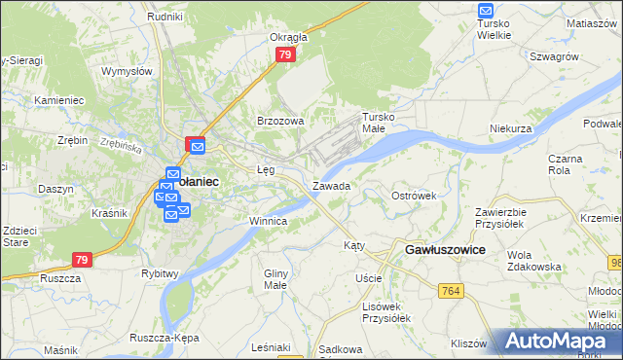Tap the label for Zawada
point(331,185)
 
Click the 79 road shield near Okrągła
point(285,55)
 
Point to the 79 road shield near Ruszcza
point(84,260)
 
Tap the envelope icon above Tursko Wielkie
point(487,12)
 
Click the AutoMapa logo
point(559,341)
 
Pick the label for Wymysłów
point(128,71)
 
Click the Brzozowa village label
point(280,121)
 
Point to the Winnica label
point(267,221)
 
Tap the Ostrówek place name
point(414,196)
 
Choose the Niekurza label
point(511,128)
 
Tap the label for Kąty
point(354,245)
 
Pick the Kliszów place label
point(468,343)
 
